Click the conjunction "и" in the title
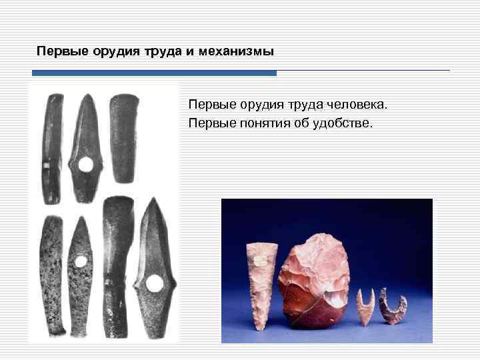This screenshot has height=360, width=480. [198, 51]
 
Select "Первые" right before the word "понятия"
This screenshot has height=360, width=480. [209, 123]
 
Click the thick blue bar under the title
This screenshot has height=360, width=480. [154, 73]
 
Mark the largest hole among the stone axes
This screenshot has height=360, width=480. [155, 284]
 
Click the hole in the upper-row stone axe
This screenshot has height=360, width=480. [85, 165]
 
